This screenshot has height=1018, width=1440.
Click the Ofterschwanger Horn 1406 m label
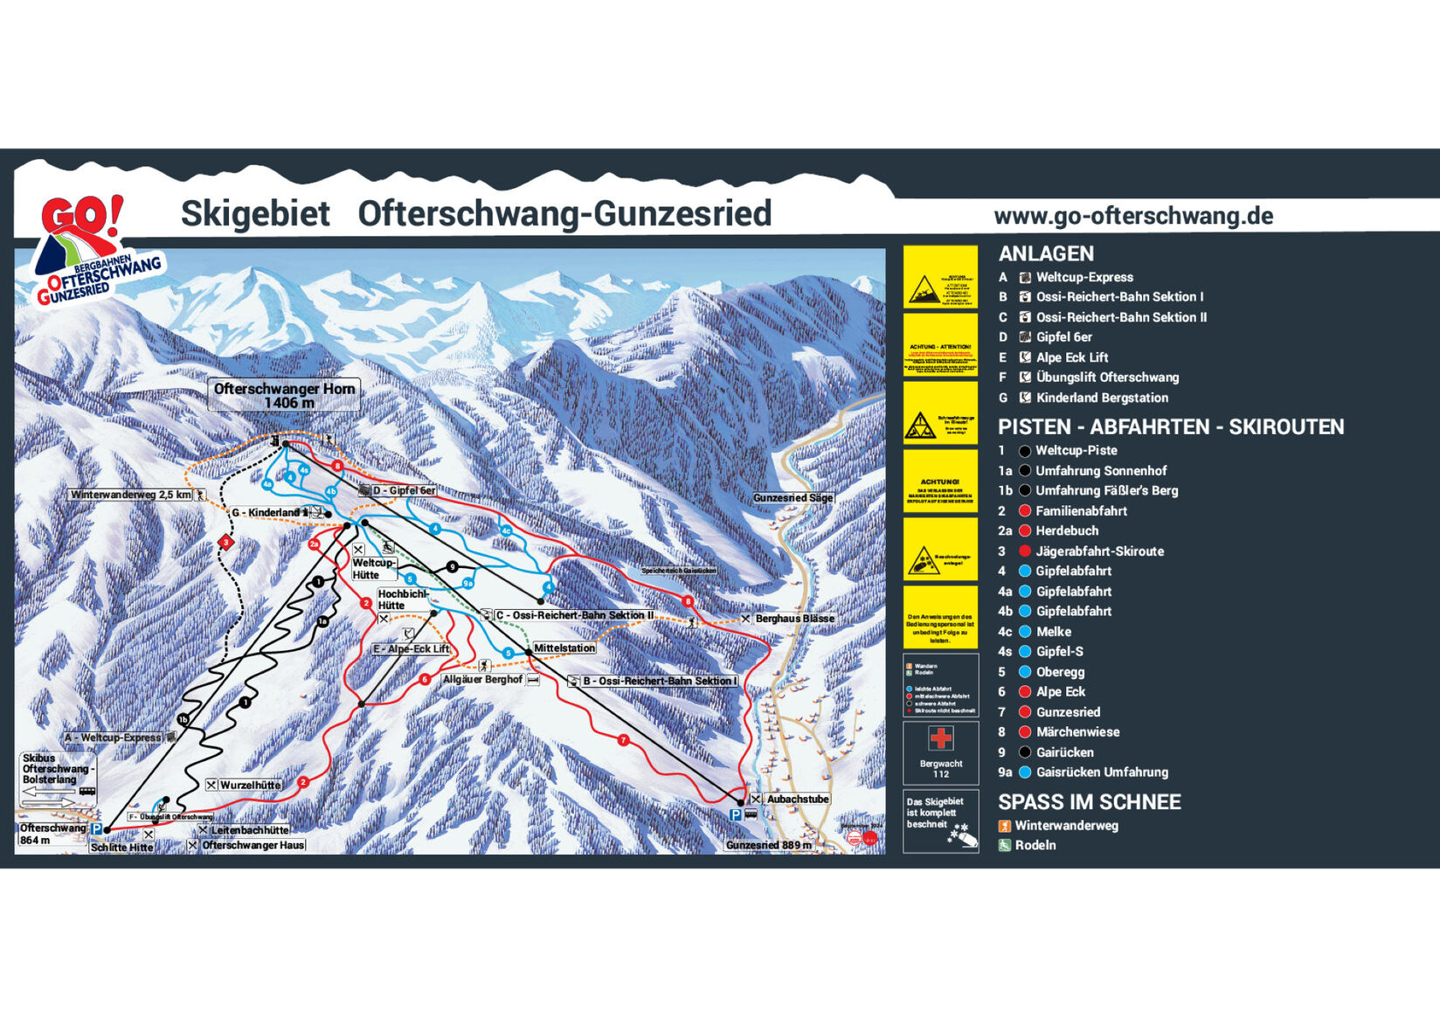pyautogui.click(x=284, y=395)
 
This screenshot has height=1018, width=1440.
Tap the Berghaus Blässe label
pyautogui.click(x=793, y=618)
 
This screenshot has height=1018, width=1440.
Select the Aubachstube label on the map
pyautogui.click(x=797, y=799)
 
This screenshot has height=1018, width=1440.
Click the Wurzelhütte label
pyautogui.click(x=250, y=785)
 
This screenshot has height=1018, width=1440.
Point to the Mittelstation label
pyautogui.click(x=564, y=648)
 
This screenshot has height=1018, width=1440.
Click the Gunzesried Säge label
pyautogui.click(x=793, y=497)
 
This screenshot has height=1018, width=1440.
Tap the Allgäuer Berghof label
pyautogui.click(x=482, y=679)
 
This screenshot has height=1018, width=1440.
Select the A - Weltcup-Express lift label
pyautogui.click(x=114, y=738)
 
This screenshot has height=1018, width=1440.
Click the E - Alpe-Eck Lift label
pyautogui.click(x=411, y=649)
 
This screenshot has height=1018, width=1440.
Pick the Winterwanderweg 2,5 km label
pyautogui.click(x=131, y=495)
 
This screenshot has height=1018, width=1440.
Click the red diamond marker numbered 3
pyautogui.click(x=225, y=543)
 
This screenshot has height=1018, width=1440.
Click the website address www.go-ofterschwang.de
pyautogui.click(x=1132, y=216)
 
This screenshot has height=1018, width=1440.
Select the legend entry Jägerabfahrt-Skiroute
pyautogui.click(x=1099, y=551)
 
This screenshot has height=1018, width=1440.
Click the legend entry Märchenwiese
pyautogui.click(x=1077, y=731)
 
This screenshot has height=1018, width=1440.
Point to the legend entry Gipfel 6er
pyautogui.click(x=1063, y=336)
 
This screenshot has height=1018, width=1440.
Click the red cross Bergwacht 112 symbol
pyautogui.click(x=940, y=739)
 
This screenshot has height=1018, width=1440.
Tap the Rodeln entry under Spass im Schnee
pyautogui.click(x=1035, y=845)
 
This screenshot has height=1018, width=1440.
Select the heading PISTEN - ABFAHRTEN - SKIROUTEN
pyautogui.click(x=1170, y=426)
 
